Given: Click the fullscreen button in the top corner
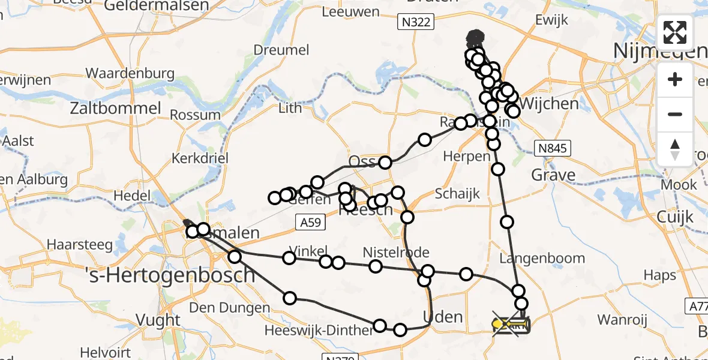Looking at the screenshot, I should click(x=675, y=32).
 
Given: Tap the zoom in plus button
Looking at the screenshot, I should click(x=675, y=79).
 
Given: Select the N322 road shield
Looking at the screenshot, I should click(x=415, y=22).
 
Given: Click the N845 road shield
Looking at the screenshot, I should click(x=553, y=148).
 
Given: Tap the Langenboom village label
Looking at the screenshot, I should click(x=542, y=259).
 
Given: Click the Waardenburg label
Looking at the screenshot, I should click(x=130, y=74).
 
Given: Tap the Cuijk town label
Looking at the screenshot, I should click(x=674, y=217).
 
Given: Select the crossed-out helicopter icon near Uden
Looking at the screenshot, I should click(x=509, y=325).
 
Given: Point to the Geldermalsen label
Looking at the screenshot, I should click(x=157, y=6).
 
